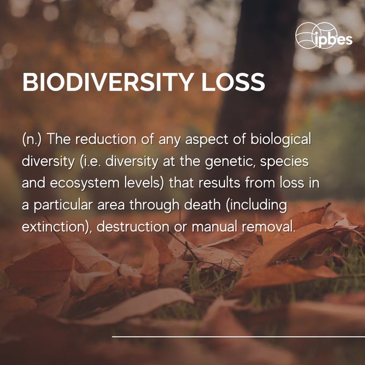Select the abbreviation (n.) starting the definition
(33, 140)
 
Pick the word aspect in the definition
(214, 140)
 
